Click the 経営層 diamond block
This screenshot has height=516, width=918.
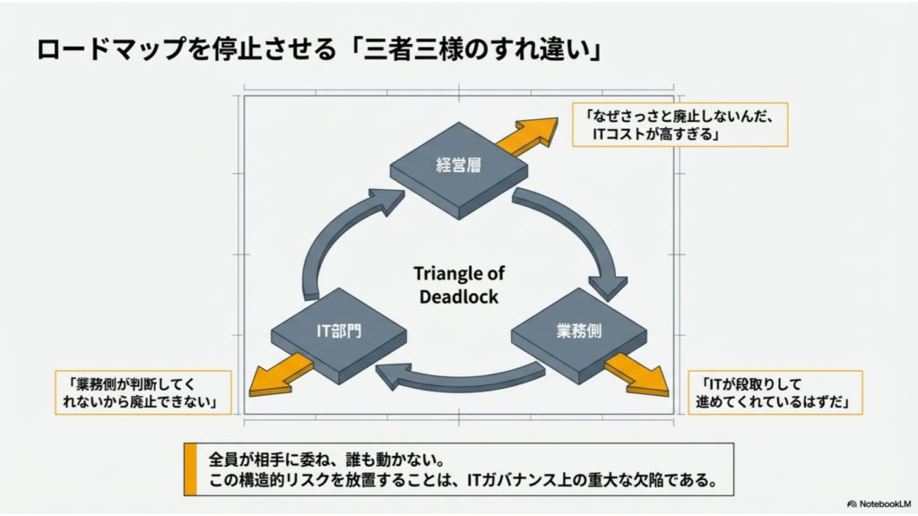459,170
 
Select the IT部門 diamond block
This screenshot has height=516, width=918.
339,336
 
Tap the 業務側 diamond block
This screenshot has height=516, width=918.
579,336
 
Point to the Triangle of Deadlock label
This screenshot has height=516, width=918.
459,285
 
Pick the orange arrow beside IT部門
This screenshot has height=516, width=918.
281,375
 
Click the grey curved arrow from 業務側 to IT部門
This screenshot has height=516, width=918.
459,380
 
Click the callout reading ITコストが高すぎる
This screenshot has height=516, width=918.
680,125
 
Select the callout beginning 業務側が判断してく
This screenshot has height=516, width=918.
143,392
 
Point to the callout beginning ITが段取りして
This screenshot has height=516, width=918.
775,392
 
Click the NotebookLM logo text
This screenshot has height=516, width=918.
879,503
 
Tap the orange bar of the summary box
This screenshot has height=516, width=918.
190,469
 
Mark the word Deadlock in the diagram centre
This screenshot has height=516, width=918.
459,297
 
